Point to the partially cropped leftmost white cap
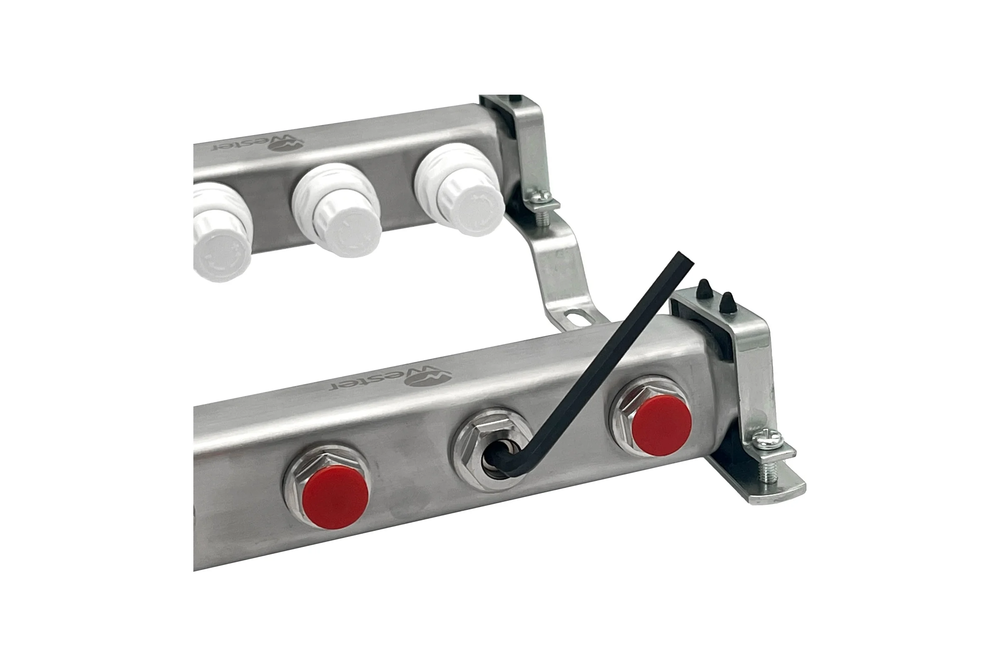[x=220, y=233]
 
